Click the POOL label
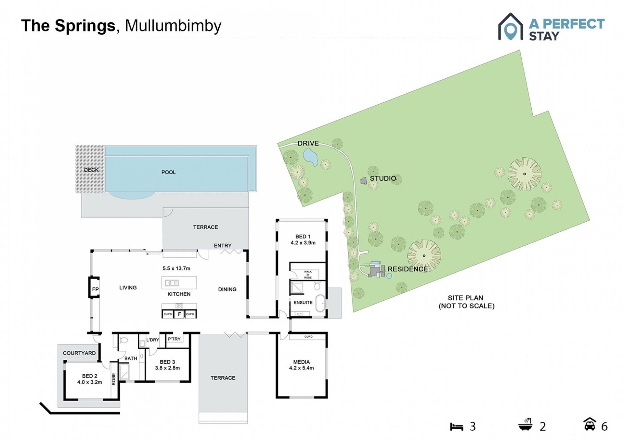click(x=168, y=172)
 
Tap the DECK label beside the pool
click(x=91, y=170)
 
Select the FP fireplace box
click(x=94, y=287)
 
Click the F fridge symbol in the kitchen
click(x=179, y=314)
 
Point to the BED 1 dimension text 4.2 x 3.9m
click(x=303, y=243)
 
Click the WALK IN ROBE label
click(x=308, y=275)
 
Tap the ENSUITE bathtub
click(x=320, y=303)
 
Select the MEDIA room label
click(x=301, y=362)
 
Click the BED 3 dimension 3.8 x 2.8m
click(x=167, y=368)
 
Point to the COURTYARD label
click(x=79, y=353)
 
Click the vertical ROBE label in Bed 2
click(x=114, y=379)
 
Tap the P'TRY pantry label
click(x=174, y=339)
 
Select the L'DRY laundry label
click(x=152, y=340)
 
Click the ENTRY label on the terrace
click(x=223, y=246)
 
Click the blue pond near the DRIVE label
click(x=310, y=157)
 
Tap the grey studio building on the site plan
click(x=364, y=181)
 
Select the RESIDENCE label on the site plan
click(x=408, y=269)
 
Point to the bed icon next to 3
click(x=456, y=426)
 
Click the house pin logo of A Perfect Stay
click(x=511, y=27)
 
